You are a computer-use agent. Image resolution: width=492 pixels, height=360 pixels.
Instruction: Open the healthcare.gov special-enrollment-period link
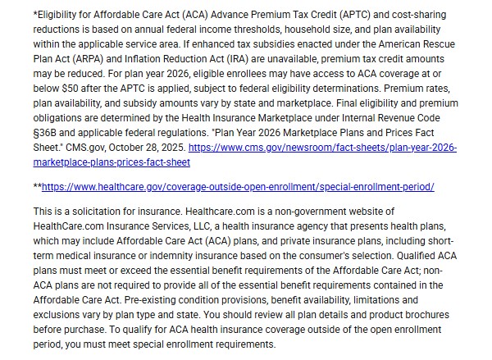[x=238, y=187]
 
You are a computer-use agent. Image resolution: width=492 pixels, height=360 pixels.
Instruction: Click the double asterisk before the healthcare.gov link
[x=37, y=187]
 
